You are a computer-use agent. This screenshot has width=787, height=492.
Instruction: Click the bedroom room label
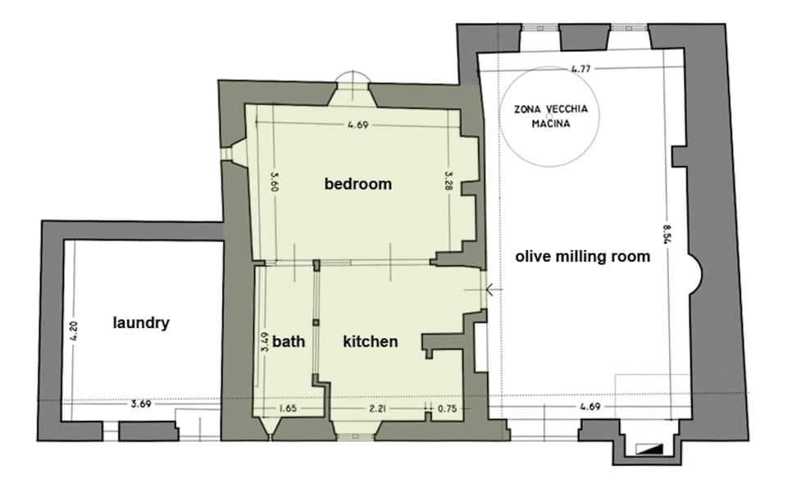[358, 184]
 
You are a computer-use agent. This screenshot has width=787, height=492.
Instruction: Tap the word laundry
[141, 323]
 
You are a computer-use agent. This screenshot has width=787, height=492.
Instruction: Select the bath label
[289, 341]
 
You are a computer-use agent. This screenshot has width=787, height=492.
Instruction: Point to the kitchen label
[371, 341]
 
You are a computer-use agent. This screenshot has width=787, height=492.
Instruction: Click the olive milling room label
[582, 257]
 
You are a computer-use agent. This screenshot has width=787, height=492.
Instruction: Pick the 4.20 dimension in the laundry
[74, 332]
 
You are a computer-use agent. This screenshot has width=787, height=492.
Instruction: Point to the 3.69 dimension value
[142, 404]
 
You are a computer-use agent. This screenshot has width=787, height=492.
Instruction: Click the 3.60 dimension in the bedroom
[274, 182]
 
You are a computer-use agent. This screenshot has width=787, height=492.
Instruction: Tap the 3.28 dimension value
[448, 182]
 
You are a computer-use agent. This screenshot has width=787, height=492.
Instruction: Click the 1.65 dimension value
[288, 408]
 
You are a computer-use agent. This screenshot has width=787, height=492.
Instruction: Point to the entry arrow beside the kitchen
[491, 289]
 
